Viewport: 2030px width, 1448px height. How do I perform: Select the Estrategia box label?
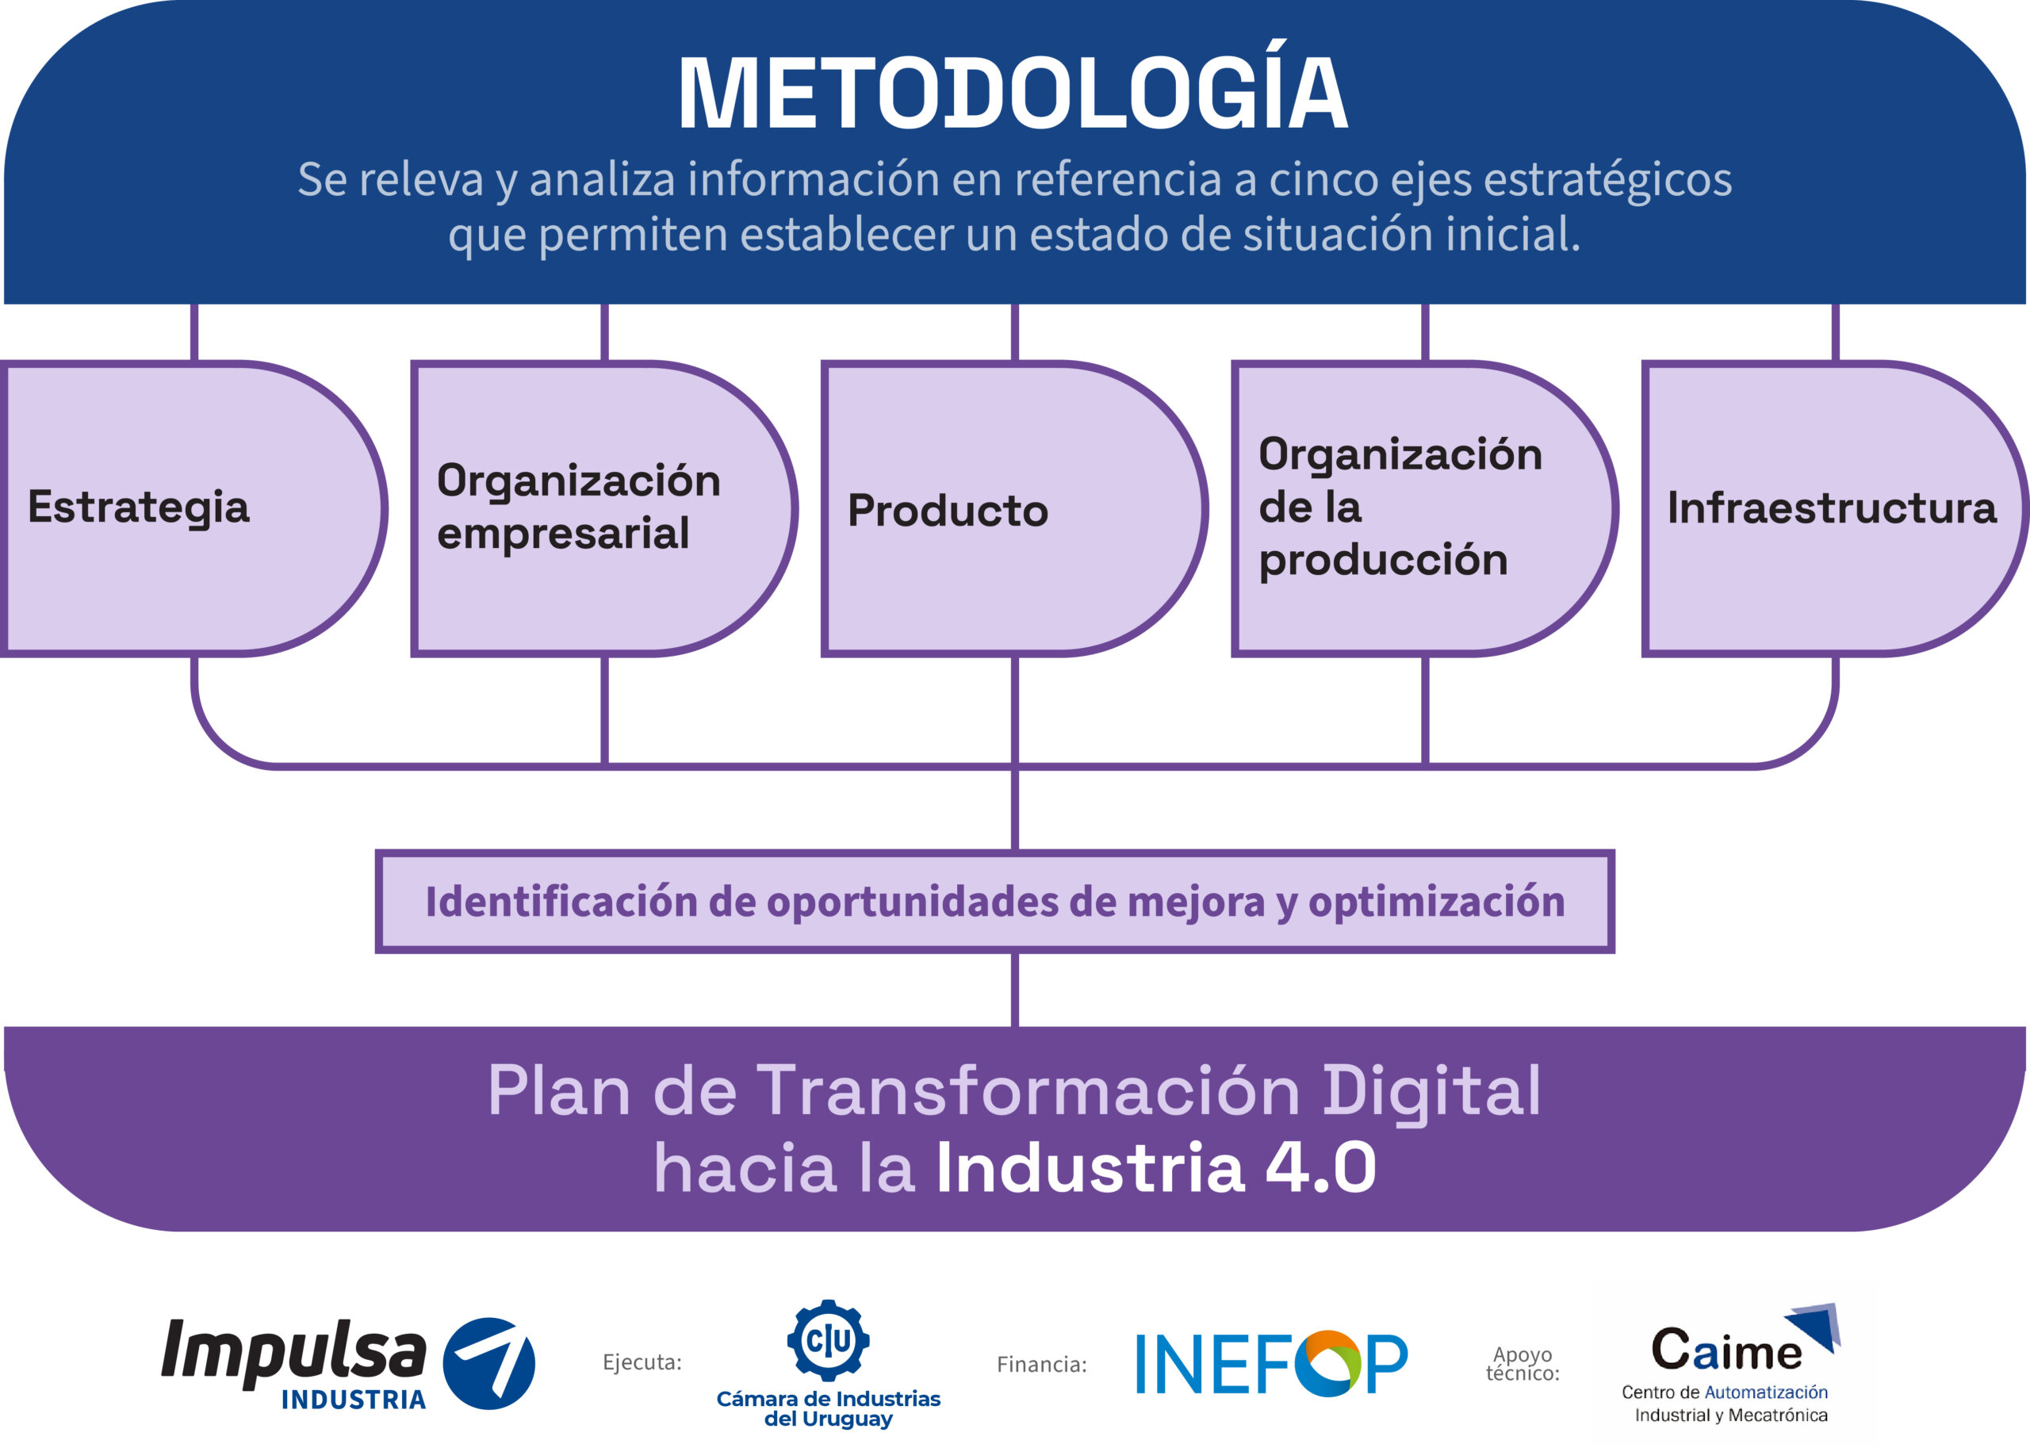138,508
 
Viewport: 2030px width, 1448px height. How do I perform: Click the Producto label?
948,511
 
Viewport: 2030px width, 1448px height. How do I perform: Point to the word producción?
1383,560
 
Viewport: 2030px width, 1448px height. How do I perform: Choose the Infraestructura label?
1832,508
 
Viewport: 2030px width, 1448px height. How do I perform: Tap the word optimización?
1436,902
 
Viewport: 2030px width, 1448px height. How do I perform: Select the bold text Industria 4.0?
1155,1167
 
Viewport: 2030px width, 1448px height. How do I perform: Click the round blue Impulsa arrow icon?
488,1363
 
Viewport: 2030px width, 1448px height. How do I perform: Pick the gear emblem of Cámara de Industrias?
828,1340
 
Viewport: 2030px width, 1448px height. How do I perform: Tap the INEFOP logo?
1271,1363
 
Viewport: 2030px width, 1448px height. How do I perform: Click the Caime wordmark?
1727,1350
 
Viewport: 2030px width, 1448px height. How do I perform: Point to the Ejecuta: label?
642,1362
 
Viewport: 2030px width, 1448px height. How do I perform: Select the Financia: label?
1041,1364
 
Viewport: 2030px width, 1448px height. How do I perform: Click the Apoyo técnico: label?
1522,1364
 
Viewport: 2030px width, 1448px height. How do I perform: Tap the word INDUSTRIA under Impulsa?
353,1400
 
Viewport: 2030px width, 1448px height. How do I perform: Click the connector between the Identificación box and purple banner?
1014,990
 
